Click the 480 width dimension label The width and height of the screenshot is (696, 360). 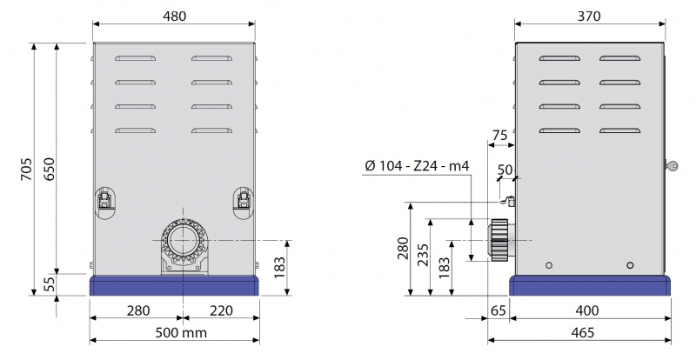[x=175, y=16]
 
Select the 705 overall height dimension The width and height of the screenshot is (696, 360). [x=27, y=169]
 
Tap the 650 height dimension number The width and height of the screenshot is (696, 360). [x=49, y=169]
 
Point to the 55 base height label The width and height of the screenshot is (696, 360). [x=50, y=284]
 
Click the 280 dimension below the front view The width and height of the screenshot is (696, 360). [x=138, y=310]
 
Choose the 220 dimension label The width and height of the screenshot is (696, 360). [x=221, y=310]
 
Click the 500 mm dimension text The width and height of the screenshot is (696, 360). [x=181, y=332]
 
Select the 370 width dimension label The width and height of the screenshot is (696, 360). [x=589, y=16]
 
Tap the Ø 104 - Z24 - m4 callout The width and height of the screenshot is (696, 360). [x=417, y=165]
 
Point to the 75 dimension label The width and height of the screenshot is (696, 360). [x=499, y=135]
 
